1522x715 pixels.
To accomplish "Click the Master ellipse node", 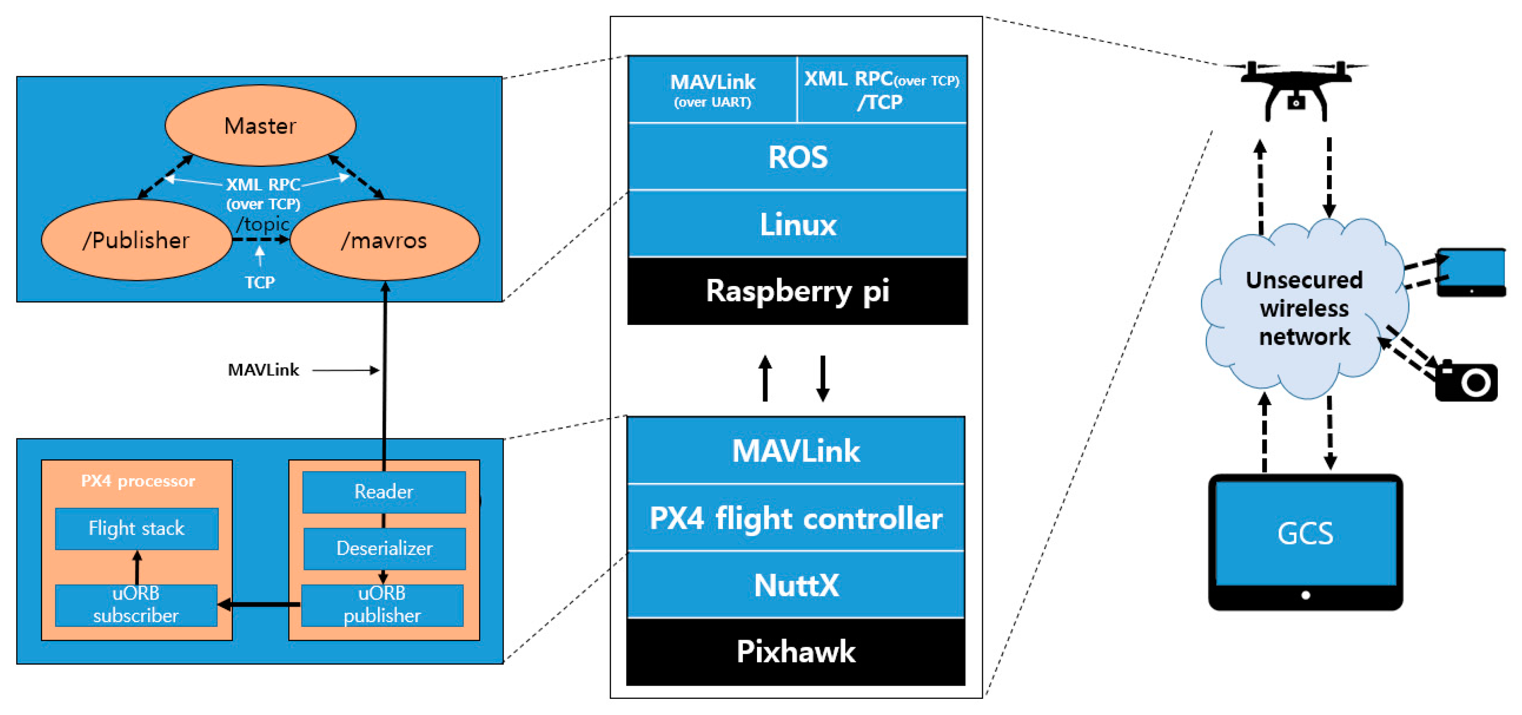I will [x=260, y=125].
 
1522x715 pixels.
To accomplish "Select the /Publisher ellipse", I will [x=136, y=240].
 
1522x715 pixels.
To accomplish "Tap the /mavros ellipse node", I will [x=384, y=240].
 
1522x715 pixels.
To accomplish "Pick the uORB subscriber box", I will [x=136, y=605].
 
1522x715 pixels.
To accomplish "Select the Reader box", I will [x=384, y=492].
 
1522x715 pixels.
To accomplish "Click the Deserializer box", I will [x=384, y=548].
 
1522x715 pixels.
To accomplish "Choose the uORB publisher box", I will [x=382, y=605].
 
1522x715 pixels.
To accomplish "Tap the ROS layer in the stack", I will [x=798, y=157].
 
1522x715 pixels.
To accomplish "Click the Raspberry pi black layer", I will [x=798, y=291].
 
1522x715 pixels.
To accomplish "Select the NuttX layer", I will [x=796, y=585].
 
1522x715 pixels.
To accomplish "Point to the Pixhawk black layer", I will [x=796, y=652].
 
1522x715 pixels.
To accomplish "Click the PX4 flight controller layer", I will [x=796, y=518].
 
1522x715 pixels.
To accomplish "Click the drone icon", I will [x=1296, y=89].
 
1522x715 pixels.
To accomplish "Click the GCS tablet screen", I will [x=1306, y=533].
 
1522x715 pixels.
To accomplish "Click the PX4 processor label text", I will [x=138, y=481].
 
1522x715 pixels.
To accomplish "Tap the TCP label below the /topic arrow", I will [x=260, y=283].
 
